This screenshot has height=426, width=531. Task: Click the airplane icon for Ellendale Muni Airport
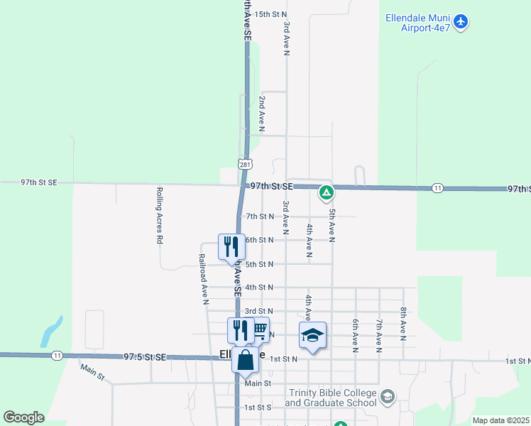[x=461, y=22]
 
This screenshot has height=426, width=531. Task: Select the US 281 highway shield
[x=245, y=164]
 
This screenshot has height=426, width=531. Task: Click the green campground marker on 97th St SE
[x=327, y=192]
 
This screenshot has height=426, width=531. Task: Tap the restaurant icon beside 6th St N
[x=231, y=247]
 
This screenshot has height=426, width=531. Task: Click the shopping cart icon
[x=260, y=329]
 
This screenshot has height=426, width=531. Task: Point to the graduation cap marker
[x=312, y=335]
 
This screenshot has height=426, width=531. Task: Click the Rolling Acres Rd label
[x=159, y=216]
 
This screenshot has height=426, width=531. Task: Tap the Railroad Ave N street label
[x=203, y=279]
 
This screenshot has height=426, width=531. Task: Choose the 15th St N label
[x=270, y=14]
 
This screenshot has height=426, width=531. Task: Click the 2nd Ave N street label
[x=262, y=114]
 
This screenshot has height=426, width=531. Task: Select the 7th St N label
[x=259, y=217]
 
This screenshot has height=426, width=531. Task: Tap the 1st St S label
[x=258, y=408]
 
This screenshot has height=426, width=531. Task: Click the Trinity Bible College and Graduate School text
[x=331, y=398]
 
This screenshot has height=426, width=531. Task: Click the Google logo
[x=23, y=417]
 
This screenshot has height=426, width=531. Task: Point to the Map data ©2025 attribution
[x=500, y=420]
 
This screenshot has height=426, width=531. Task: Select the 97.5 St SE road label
[x=144, y=357]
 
